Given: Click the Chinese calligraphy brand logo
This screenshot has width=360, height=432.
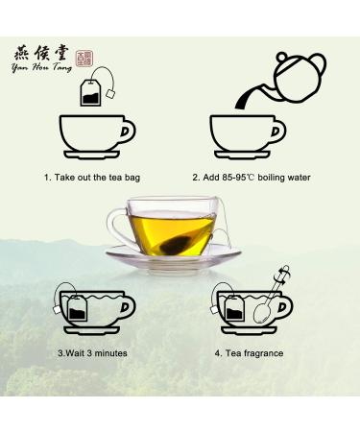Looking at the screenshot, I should coord(44,54).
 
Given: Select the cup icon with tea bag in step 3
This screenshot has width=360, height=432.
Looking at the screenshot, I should coord(94,309).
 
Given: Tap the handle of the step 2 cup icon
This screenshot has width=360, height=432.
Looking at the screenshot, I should coord(278,130).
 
